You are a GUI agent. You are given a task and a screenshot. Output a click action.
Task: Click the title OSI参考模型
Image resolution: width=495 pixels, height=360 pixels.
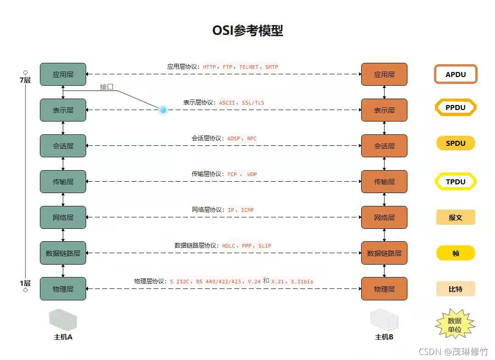247,31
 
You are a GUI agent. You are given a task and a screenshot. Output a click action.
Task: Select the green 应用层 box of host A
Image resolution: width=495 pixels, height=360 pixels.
63,74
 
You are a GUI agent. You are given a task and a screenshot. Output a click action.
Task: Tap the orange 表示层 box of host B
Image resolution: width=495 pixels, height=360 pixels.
384,110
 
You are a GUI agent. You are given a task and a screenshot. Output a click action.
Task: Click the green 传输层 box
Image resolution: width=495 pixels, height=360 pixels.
63,182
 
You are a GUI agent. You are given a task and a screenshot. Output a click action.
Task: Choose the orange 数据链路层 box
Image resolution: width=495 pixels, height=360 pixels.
384,253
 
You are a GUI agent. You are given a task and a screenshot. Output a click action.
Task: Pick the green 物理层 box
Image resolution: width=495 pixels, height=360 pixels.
63,289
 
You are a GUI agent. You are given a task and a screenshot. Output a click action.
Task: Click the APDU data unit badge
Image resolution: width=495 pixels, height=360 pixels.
456,74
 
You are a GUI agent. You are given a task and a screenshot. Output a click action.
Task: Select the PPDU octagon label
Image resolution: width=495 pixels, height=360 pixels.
455,108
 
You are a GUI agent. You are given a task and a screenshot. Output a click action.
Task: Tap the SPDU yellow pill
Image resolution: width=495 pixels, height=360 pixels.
455,144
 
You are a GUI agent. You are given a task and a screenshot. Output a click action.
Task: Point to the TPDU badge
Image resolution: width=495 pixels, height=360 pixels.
455,182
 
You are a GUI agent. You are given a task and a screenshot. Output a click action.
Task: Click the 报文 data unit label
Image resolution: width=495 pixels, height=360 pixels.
455,217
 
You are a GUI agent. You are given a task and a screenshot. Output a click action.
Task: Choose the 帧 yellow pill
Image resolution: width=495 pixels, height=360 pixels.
455,253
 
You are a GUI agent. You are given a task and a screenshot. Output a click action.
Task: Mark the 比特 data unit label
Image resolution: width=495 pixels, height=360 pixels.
455,289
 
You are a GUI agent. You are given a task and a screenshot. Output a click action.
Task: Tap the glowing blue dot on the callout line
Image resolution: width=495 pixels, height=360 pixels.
163,110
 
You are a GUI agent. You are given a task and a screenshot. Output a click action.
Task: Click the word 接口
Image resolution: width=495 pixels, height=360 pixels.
107,87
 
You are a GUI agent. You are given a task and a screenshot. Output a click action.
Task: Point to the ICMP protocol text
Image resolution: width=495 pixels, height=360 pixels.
247,210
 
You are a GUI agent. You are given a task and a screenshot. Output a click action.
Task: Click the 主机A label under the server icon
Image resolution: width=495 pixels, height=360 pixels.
63,337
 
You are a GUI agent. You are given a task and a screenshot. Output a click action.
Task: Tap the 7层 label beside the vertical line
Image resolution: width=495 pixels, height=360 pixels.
25,80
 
